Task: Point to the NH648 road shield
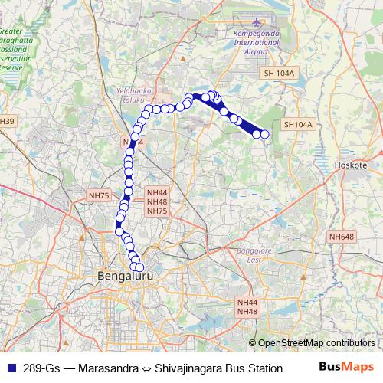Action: [x=341, y=238]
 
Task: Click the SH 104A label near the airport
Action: [x=279, y=72]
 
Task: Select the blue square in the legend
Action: [x=10, y=368]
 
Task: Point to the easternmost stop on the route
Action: [x=266, y=135]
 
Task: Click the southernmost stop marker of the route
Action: [x=139, y=267]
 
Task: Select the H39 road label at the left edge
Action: [x=7, y=122]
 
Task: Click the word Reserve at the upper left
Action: [x=13, y=67]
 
